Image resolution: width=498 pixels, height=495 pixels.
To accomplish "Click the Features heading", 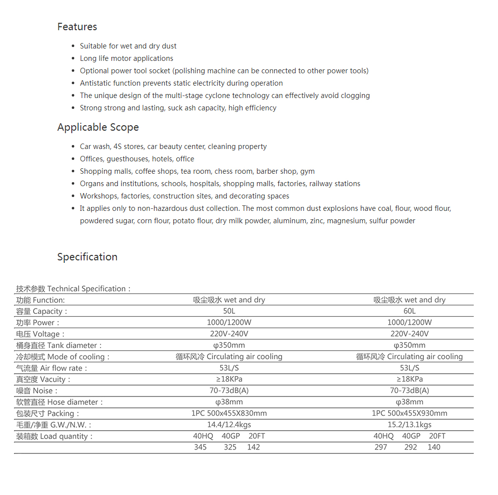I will (x=77, y=27).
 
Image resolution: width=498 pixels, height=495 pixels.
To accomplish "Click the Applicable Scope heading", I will (x=98, y=127).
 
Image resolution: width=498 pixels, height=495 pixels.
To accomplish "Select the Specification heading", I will (x=87, y=257).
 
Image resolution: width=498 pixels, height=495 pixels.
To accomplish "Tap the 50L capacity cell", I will (x=229, y=311).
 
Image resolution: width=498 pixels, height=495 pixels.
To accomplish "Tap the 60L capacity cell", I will (x=409, y=311).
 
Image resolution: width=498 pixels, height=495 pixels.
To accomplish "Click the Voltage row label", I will (x=41, y=334).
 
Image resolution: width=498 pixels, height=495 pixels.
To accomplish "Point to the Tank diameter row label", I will (x=59, y=346).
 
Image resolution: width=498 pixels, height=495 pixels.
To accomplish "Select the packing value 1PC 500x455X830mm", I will (x=229, y=413).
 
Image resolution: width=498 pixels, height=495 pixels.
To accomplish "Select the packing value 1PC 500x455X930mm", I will (x=409, y=413).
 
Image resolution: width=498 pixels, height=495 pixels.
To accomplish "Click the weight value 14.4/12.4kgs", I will (x=229, y=425).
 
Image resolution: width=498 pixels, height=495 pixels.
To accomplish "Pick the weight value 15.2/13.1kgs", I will (x=409, y=425).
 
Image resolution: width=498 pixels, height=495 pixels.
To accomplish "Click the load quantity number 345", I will (x=200, y=447).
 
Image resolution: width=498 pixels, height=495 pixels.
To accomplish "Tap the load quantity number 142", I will (x=253, y=447).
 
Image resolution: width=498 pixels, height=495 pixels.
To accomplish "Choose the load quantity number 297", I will (x=381, y=447).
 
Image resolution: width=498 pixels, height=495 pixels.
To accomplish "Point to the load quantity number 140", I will (x=434, y=447).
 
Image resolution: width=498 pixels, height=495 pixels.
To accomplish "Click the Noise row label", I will (x=37, y=391).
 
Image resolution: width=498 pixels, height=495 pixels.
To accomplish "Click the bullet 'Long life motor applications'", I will (x=126, y=58).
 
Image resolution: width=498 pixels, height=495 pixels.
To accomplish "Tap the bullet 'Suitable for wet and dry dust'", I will (x=128, y=46).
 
